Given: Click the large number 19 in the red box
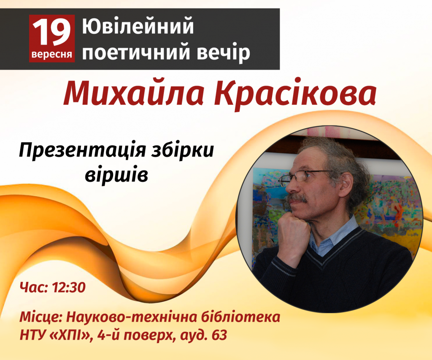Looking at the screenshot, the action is tap(51, 32).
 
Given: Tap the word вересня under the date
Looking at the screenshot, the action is tap(52, 54).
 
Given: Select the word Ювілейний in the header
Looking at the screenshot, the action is tap(138, 26).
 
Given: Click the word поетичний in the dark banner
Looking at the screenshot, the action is tap(136, 52).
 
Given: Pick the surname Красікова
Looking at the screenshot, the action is tap(295, 94).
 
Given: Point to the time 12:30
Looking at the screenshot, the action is tap(69, 287).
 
